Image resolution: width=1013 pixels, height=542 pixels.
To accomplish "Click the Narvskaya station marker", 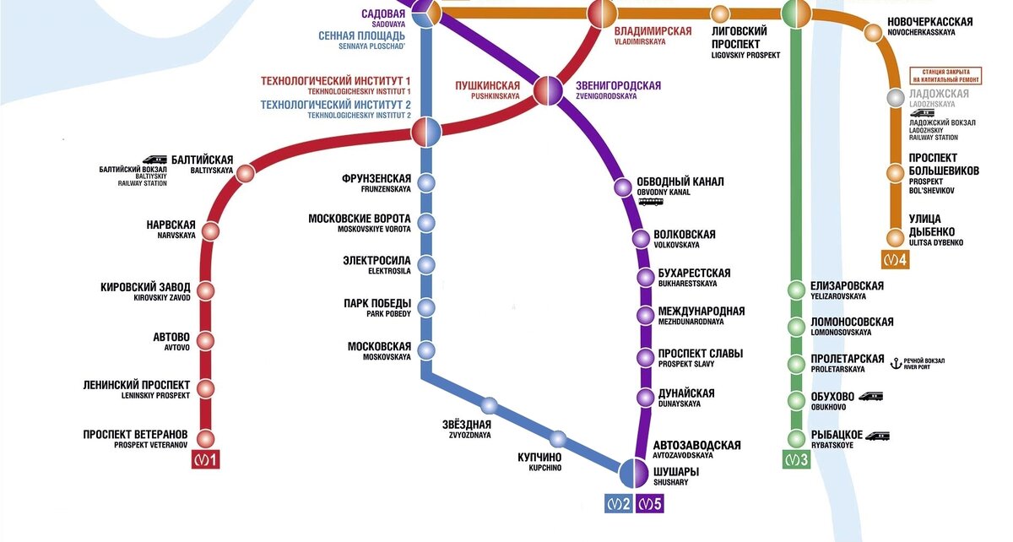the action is pos(210,231).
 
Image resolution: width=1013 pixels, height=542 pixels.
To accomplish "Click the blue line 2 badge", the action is pos(619,504).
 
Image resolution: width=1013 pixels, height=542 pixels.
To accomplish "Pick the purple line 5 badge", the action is pos(649,504).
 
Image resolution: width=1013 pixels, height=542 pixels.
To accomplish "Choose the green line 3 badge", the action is pos(796,460).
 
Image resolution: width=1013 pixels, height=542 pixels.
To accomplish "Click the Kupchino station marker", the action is pos(557,438).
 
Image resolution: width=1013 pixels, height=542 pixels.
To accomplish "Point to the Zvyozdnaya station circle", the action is pos(490,404).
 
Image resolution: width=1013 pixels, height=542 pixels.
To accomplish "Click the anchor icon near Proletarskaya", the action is pos(897,363).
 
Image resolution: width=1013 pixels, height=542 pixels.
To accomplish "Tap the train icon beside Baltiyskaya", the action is pos(154,158).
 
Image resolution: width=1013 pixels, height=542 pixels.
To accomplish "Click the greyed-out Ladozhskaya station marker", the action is pos(896,98).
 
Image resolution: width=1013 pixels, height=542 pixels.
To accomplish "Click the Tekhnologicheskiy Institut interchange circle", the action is pos(427,131).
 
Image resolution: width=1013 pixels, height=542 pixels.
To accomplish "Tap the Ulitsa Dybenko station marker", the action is pos(895,237).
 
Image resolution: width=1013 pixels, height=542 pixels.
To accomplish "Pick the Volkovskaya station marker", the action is pos(642,239).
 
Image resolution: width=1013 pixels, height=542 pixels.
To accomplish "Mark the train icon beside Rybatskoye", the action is pos(877,436).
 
